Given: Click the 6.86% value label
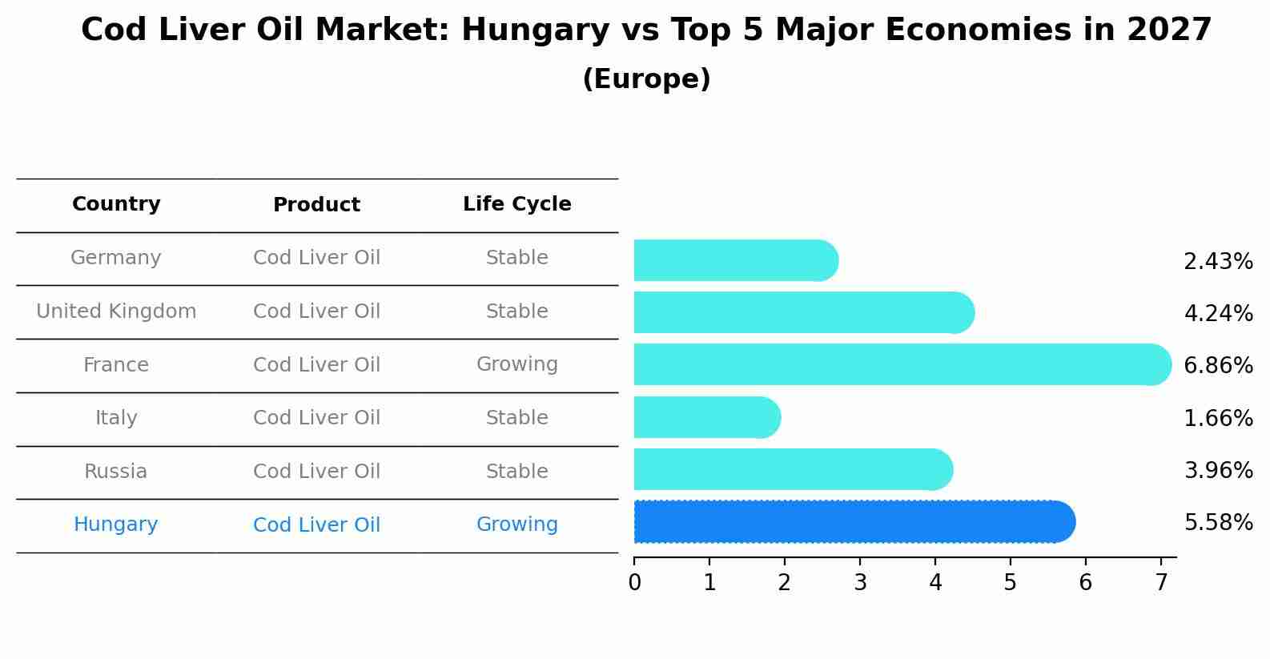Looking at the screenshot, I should (x=1218, y=366).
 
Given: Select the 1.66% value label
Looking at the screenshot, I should (x=1218, y=418).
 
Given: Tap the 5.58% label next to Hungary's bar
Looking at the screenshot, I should (x=1218, y=523).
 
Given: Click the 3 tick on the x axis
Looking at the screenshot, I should (x=860, y=583).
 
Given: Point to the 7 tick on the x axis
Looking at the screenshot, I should (x=1161, y=583).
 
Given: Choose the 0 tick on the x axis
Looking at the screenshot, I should (x=634, y=583).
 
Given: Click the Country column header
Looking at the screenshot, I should (x=116, y=204).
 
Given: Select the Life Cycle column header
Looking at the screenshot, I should (x=517, y=204).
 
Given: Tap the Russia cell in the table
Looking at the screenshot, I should (x=116, y=472).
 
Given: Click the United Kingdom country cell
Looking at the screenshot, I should (x=116, y=311).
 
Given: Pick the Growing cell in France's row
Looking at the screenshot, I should (x=517, y=364).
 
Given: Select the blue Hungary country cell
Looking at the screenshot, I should (x=116, y=524).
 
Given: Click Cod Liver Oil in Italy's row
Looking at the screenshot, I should (x=316, y=418).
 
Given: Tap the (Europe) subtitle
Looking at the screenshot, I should (x=646, y=79).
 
